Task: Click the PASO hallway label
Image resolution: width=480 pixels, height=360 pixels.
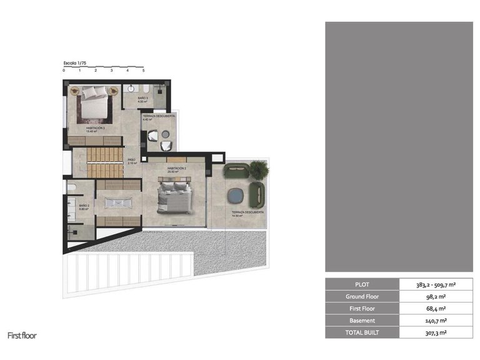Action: click(x=131, y=161)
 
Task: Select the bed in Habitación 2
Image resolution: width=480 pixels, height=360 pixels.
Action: click(x=174, y=195)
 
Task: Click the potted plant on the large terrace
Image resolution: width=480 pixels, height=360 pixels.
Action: click(x=257, y=169)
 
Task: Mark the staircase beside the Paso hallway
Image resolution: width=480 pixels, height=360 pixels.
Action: click(x=105, y=161)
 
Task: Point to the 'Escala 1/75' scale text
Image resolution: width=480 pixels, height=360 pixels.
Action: click(x=75, y=63)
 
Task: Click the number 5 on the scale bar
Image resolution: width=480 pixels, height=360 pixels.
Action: click(x=143, y=71)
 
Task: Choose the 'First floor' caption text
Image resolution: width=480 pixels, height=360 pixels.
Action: click(x=22, y=336)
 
